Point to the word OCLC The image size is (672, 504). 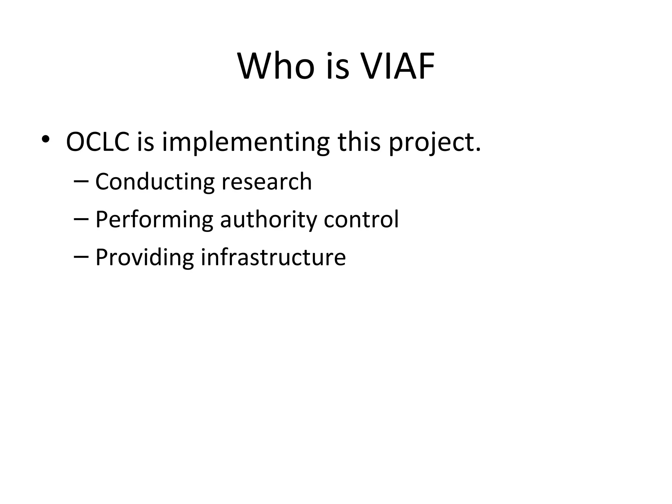point(98,142)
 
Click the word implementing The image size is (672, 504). point(245,143)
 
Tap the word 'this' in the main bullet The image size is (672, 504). point(359,142)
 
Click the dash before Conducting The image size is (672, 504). point(81,181)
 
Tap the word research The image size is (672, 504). point(266,182)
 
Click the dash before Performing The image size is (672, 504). point(81,219)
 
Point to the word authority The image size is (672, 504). point(268,220)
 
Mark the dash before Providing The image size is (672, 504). point(81,257)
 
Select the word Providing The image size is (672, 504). point(144,258)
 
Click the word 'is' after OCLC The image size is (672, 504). point(145,142)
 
